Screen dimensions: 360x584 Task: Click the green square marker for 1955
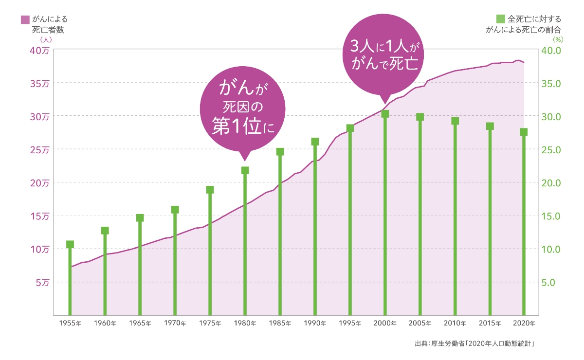click(x=70, y=244)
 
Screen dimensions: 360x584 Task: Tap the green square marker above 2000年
click(x=385, y=114)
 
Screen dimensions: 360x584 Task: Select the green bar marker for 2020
click(x=524, y=132)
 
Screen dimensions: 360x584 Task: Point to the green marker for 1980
click(x=245, y=170)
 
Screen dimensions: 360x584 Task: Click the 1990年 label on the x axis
click(x=315, y=324)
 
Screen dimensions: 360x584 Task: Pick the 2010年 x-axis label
click(x=455, y=324)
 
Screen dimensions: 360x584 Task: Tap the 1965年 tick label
click(x=140, y=324)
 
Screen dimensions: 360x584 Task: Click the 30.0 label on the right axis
click(x=551, y=116)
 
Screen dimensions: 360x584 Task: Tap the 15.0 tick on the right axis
click(x=551, y=216)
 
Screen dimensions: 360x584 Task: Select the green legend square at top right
click(x=500, y=19)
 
